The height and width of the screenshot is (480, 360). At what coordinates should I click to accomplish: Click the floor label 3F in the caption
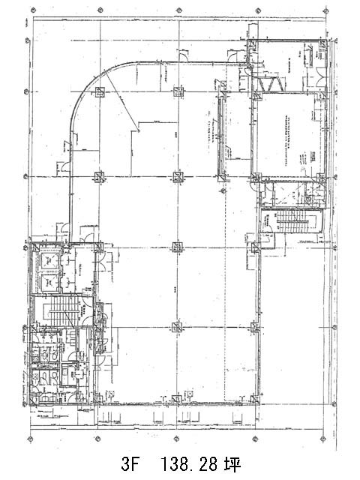click(x=130, y=460)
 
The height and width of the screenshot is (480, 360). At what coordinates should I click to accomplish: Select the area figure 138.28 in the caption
click(x=185, y=460)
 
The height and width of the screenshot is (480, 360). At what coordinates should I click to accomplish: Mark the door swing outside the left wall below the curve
click(x=66, y=166)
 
